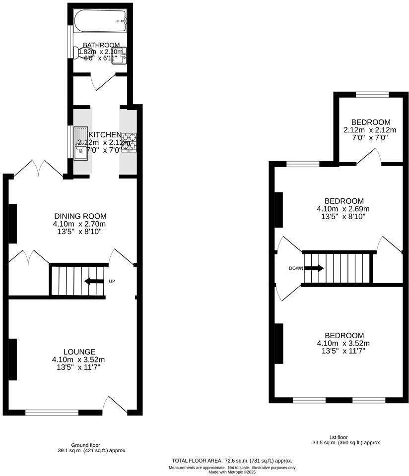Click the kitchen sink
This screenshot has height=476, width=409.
click(x=80, y=144)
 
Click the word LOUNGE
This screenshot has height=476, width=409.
click(x=79, y=352)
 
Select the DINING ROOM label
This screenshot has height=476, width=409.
click(x=80, y=216)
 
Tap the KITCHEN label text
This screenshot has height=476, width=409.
click(x=105, y=135)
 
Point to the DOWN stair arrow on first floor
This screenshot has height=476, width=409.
click(x=314, y=268)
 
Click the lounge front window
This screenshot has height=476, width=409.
click(x=52, y=412)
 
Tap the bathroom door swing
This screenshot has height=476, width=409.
click(x=103, y=82)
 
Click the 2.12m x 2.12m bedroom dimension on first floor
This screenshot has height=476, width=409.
click(x=370, y=130)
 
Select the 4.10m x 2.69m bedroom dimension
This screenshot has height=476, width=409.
click(x=343, y=209)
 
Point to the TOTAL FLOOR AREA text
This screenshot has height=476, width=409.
click(x=232, y=461)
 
